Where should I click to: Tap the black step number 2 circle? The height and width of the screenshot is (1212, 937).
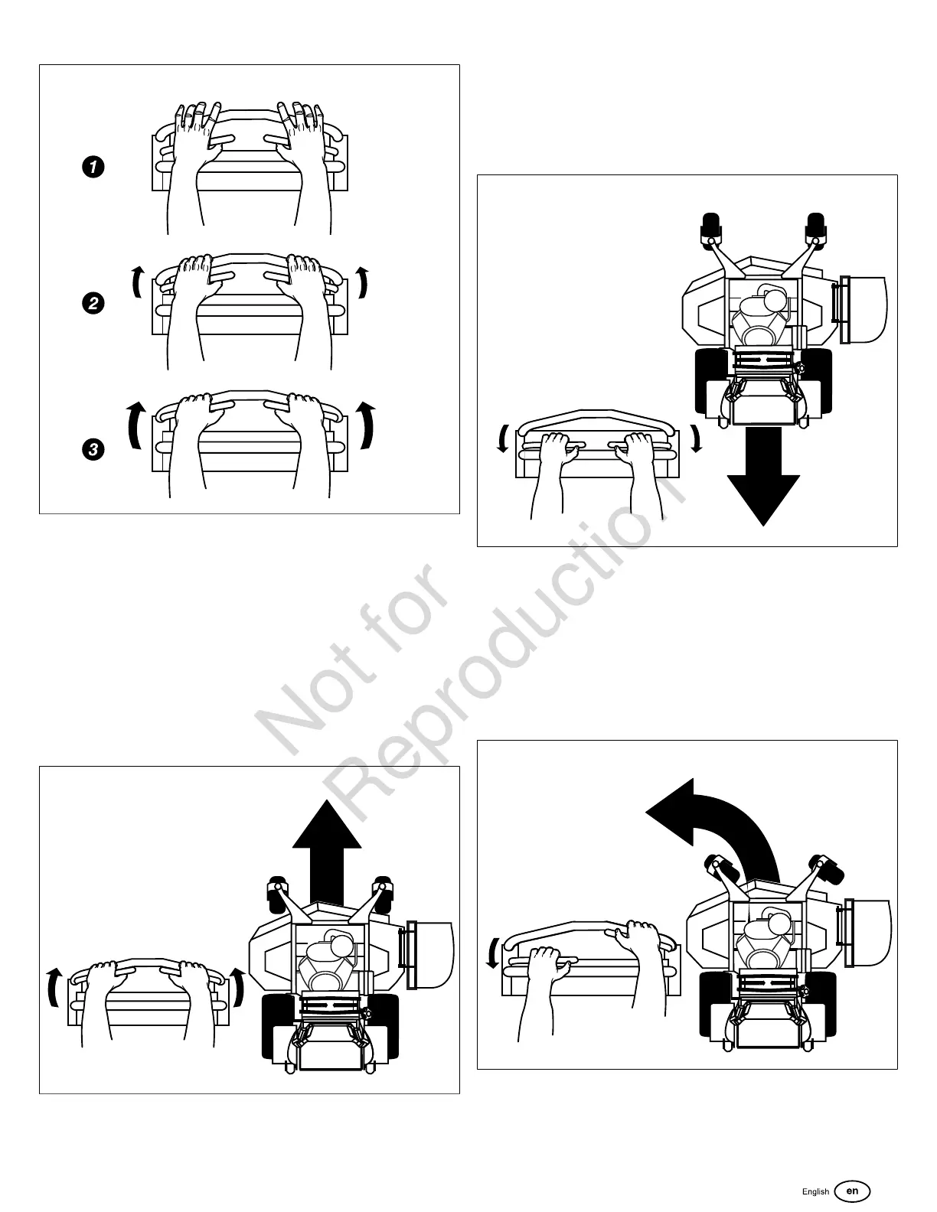(92, 304)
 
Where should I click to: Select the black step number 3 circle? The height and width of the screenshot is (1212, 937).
(92, 449)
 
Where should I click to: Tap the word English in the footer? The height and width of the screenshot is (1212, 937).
(815, 1191)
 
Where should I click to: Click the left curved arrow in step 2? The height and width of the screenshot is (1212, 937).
(137, 282)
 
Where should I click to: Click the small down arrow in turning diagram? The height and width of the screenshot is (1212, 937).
(491, 955)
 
